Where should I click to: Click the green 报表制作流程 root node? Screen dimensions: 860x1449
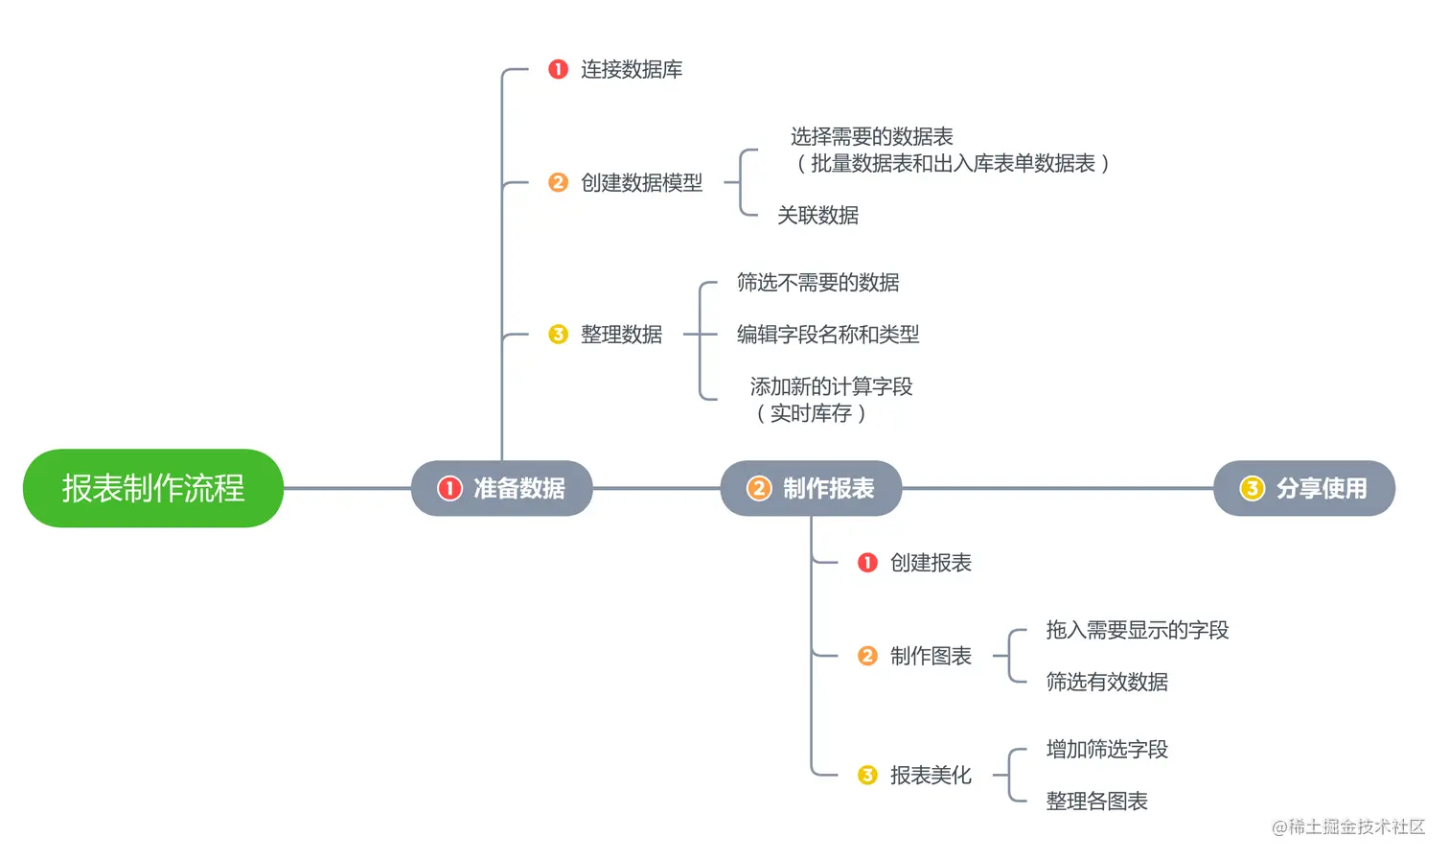tap(153, 488)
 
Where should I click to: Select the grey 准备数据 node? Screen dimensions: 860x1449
tap(501, 488)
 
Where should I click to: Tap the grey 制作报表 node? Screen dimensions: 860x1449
tap(811, 488)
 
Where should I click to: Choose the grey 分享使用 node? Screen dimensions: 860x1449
tap(1304, 488)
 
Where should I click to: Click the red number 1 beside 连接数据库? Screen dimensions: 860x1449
tap(558, 69)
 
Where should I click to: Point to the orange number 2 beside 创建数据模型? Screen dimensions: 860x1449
tap(558, 182)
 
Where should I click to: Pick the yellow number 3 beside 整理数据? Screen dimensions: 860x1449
tap(558, 334)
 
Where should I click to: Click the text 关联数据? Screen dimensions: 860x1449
tap(817, 216)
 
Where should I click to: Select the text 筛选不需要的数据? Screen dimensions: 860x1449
tap(817, 283)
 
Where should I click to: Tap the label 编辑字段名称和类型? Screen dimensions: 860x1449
tap(827, 335)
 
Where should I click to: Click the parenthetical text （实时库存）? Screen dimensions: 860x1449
tap(811, 413)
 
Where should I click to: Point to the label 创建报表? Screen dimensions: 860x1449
tap(930, 563)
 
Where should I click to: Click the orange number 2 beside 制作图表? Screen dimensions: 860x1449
tap(867, 656)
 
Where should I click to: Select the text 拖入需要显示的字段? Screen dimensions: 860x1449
tap(1137, 630)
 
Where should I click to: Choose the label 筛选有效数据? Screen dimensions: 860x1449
tap(1107, 682)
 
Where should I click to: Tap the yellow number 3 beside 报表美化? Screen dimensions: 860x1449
tap(867, 775)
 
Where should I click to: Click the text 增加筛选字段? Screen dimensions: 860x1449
tap(1107, 749)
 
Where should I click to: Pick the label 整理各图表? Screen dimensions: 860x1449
tap(1096, 801)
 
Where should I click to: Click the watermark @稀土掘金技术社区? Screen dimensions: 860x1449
tap(1347, 826)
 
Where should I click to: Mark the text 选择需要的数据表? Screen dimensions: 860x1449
tap(871, 137)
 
